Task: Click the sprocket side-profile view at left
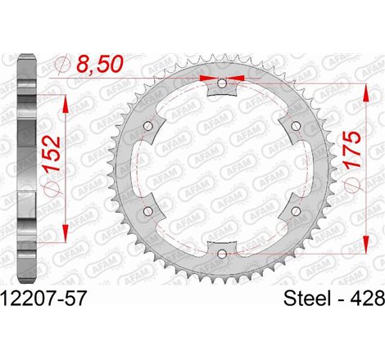coord(26,168)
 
